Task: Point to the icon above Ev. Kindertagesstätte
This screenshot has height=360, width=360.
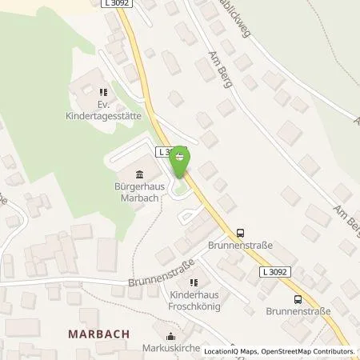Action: tap(102, 93)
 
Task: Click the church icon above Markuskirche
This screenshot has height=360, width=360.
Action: tap(170, 337)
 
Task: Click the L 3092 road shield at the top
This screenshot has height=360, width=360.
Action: tap(118, 5)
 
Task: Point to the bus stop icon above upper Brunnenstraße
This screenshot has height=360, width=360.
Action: tap(239, 233)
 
